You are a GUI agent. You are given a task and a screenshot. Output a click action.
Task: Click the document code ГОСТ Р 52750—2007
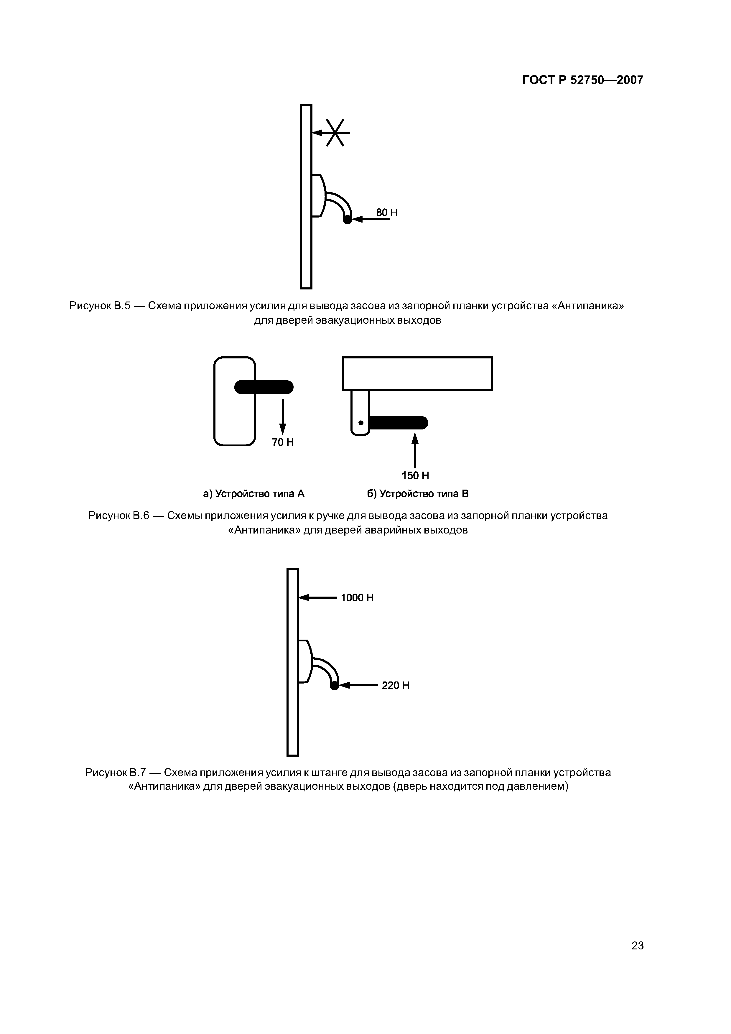[x=582, y=80]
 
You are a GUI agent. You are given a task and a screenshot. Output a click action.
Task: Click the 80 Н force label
[x=386, y=213]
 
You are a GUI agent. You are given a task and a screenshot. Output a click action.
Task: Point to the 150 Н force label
[x=415, y=475]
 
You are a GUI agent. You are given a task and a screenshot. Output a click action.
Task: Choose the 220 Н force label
[x=396, y=685]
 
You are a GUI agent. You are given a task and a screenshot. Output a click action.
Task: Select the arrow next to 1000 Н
[x=317, y=597]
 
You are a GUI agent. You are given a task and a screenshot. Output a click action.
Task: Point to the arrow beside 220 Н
[x=358, y=685]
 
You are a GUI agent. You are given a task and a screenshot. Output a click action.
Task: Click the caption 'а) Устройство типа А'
[x=253, y=494]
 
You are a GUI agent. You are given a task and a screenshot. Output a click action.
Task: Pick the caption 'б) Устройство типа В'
[x=417, y=494]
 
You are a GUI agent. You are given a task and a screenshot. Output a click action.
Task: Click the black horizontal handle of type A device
[x=264, y=387]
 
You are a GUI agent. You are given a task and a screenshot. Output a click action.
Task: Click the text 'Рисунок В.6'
[x=118, y=515]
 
